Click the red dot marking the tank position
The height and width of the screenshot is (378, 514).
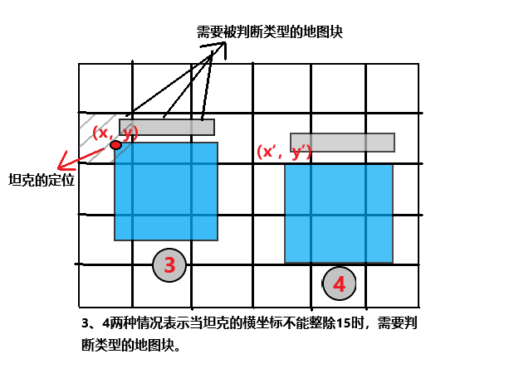click(x=115, y=145)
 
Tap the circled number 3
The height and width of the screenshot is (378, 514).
click(x=169, y=265)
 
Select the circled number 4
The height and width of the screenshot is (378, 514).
click(x=339, y=284)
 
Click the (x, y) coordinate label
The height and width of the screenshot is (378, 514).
click(x=115, y=132)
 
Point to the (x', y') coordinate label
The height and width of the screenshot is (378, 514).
click(x=283, y=152)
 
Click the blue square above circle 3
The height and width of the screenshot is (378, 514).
click(x=166, y=191)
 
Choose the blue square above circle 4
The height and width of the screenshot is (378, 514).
click(x=338, y=213)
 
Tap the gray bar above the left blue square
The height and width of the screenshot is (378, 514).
click(x=167, y=127)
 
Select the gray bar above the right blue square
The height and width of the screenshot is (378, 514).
click(x=342, y=142)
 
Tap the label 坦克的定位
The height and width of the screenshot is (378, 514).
click(x=41, y=180)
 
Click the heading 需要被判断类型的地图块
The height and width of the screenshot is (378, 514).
click(x=270, y=32)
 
